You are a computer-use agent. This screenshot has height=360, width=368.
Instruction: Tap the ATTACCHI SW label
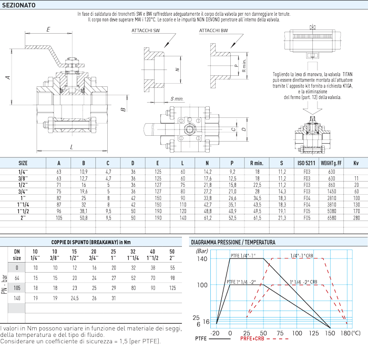[146, 31]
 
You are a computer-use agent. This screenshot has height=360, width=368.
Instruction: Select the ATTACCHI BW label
[213, 31]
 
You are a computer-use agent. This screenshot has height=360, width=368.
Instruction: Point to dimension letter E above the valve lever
[48, 29]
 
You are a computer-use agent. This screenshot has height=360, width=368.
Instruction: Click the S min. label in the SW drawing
[177, 98]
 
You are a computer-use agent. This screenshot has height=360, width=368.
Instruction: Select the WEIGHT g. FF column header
[331, 163]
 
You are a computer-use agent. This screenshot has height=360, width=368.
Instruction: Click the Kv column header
[356, 163]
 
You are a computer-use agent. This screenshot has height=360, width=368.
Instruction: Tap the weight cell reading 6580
[331, 217]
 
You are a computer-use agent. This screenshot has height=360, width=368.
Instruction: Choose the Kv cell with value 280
[356, 217]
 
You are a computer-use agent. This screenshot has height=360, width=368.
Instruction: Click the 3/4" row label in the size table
[23, 192]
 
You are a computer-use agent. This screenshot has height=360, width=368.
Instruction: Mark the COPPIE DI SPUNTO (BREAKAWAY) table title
[92, 242]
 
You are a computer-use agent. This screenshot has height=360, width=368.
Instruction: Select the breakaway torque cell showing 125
[172, 288]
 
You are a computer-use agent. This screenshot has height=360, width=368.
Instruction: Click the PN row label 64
[17, 278]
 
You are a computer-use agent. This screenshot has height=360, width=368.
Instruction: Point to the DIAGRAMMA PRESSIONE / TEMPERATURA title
[233, 242]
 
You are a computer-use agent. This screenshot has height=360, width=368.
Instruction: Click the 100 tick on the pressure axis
[202, 285]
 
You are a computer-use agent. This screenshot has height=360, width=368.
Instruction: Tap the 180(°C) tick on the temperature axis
[347, 333]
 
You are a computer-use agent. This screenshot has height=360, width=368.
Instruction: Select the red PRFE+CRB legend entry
[253, 341]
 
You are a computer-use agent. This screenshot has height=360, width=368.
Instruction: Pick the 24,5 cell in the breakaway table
[74, 298]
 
